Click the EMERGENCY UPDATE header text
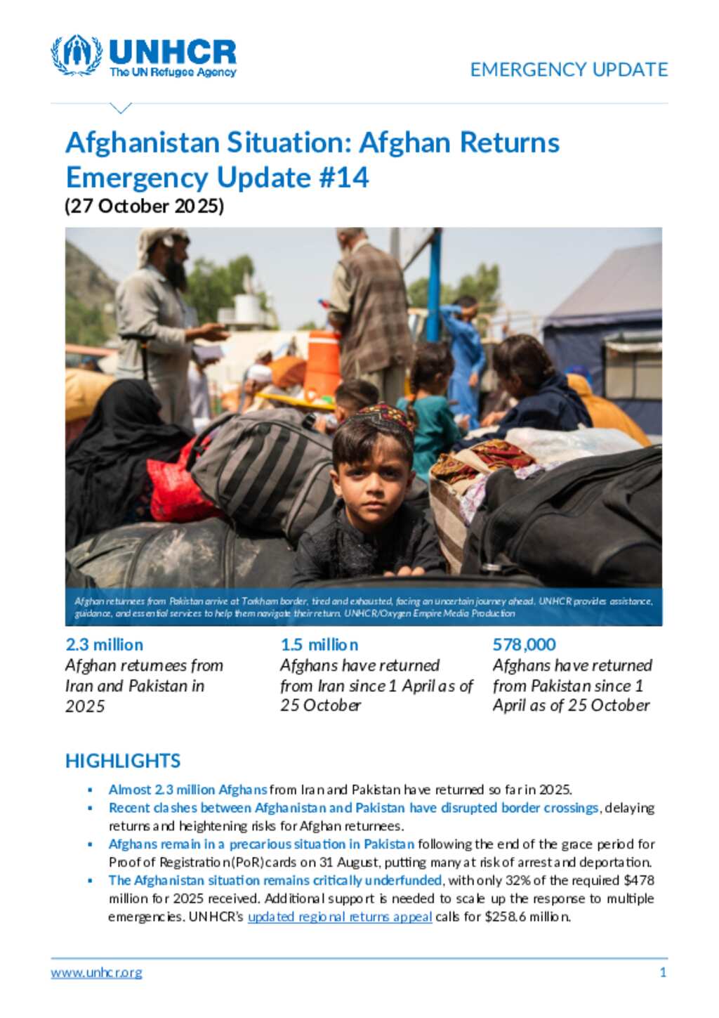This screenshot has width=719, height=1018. click(569, 70)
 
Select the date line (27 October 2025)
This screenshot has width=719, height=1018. click(144, 206)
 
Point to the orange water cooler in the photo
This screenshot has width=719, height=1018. click(322, 364)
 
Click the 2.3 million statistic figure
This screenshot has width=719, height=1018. click(104, 644)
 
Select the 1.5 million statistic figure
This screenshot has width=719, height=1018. click(319, 644)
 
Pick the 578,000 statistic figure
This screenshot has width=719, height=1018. click(524, 644)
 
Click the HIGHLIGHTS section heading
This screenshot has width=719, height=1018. click(123, 761)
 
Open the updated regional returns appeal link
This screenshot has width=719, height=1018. click(340, 917)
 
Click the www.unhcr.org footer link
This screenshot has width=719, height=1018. click(96, 973)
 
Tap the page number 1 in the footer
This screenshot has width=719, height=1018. click(663, 972)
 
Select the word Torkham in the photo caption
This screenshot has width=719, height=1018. click(259, 601)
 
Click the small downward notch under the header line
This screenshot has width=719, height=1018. click(121, 108)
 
